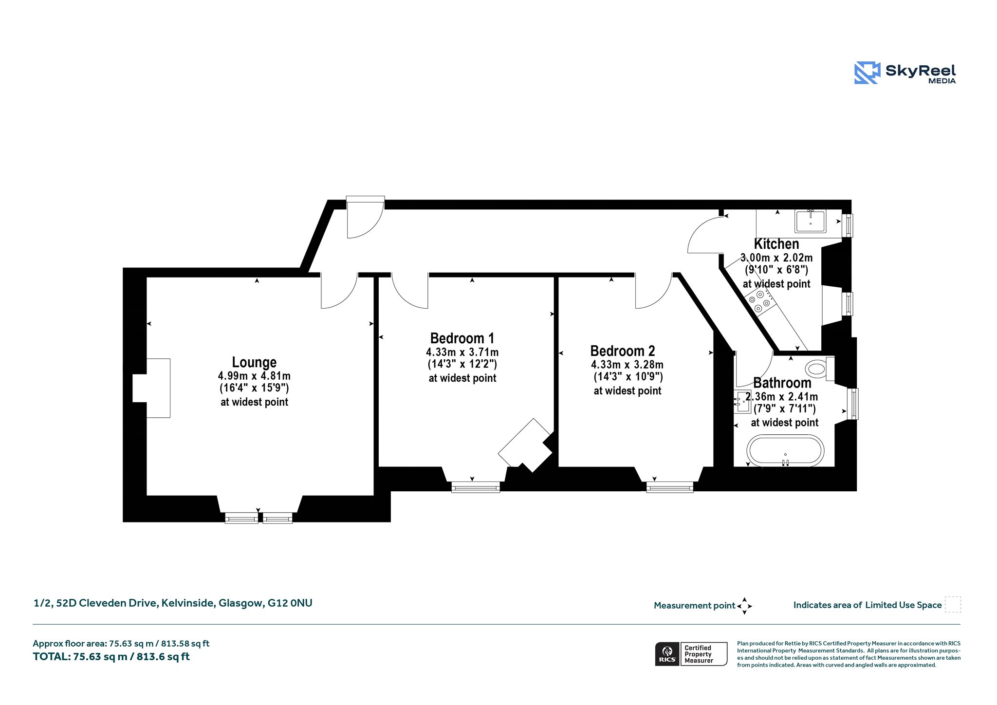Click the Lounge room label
click(x=254, y=362)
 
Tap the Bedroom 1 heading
click(x=462, y=338)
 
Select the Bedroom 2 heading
click(x=623, y=351)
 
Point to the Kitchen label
click(x=776, y=244)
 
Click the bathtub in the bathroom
click(x=785, y=451)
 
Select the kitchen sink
click(x=811, y=221)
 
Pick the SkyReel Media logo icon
click(x=868, y=73)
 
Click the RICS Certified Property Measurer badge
click(x=691, y=654)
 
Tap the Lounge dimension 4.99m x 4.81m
click(x=254, y=376)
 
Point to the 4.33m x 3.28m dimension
click(x=627, y=365)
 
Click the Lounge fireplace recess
click(x=151, y=388)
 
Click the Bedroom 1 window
click(x=476, y=487)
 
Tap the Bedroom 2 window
click(x=670, y=487)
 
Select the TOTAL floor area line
click(x=111, y=657)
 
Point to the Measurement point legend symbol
click(x=744, y=606)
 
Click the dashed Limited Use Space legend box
click(x=953, y=605)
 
